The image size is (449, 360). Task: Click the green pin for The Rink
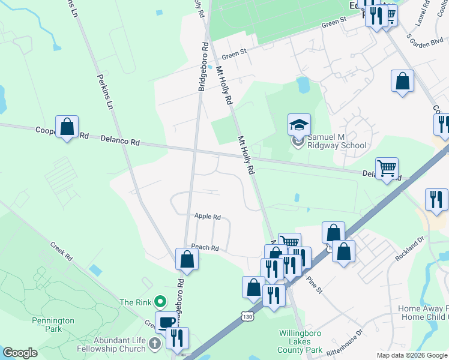click(x=160, y=301)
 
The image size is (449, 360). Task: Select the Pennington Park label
click(x=53, y=325)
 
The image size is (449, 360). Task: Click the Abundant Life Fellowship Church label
click(x=116, y=344)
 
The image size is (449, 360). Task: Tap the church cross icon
click(x=155, y=344)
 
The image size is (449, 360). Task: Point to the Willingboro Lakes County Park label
click(x=301, y=341)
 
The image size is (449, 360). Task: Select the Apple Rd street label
click(x=208, y=217)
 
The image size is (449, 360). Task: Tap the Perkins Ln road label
click(x=106, y=91)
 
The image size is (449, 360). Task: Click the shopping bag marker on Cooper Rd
click(x=67, y=126)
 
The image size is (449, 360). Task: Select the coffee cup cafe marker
click(x=166, y=322)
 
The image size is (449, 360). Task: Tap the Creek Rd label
click(x=61, y=251)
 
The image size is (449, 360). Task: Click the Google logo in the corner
click(x=20, y=353)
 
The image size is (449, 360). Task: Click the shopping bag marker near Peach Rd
click(x=187, y=259)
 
